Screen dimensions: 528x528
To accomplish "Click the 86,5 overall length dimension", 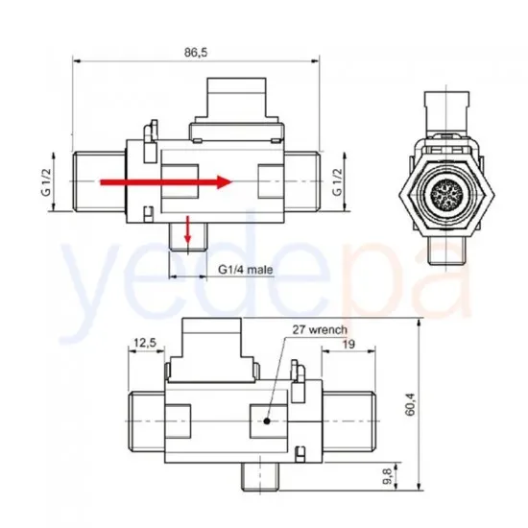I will click(x=198, y=52).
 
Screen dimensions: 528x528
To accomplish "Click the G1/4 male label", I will click(x=246, y=270).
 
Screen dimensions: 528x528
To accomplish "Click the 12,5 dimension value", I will click(x=146, y=342).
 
